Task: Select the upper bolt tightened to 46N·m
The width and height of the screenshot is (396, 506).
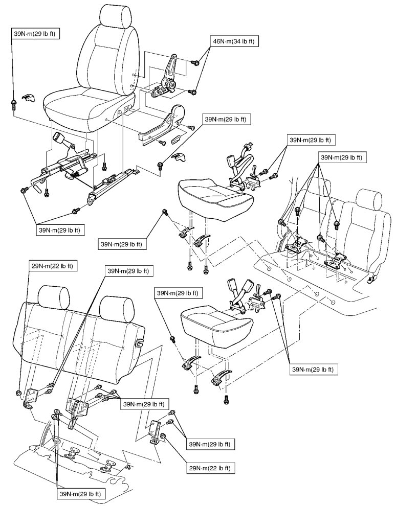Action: click(x=195, y=62)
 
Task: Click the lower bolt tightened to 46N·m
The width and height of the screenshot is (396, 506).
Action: click(x=193, y=92)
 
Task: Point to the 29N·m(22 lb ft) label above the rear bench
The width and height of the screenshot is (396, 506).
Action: click(x=52, y=266)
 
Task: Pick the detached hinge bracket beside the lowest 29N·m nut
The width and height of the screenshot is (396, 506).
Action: click(x=156, y=432)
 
